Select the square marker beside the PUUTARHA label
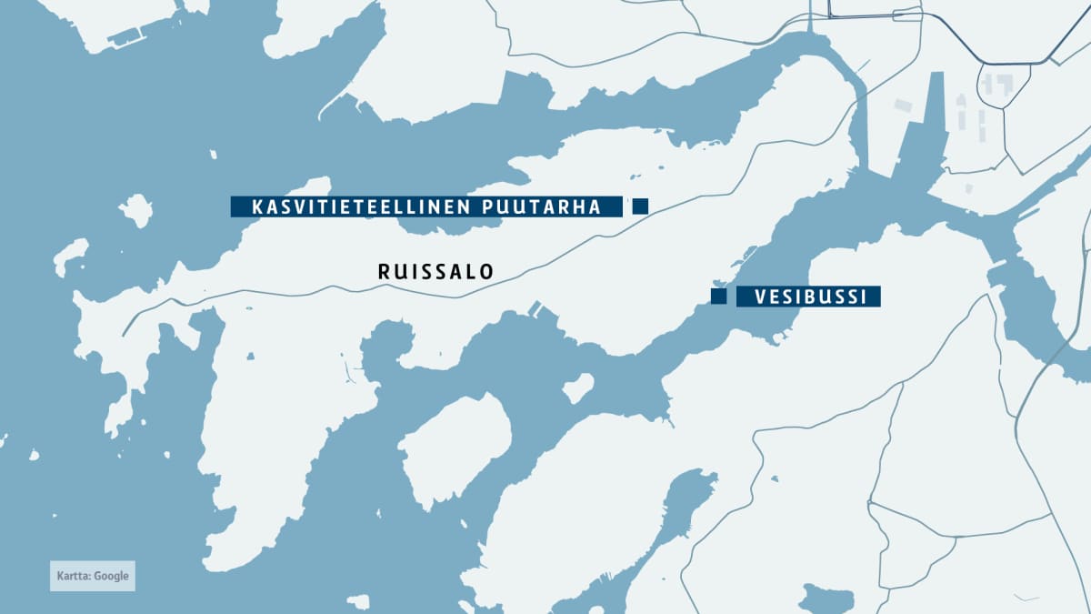(640, 206)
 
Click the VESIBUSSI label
(808, 297)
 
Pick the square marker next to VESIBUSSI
(718, 297)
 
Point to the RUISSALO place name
(435, 271)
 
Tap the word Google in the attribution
(110, 576)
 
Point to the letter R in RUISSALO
(383, 271)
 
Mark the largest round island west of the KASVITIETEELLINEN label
(135, 210)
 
